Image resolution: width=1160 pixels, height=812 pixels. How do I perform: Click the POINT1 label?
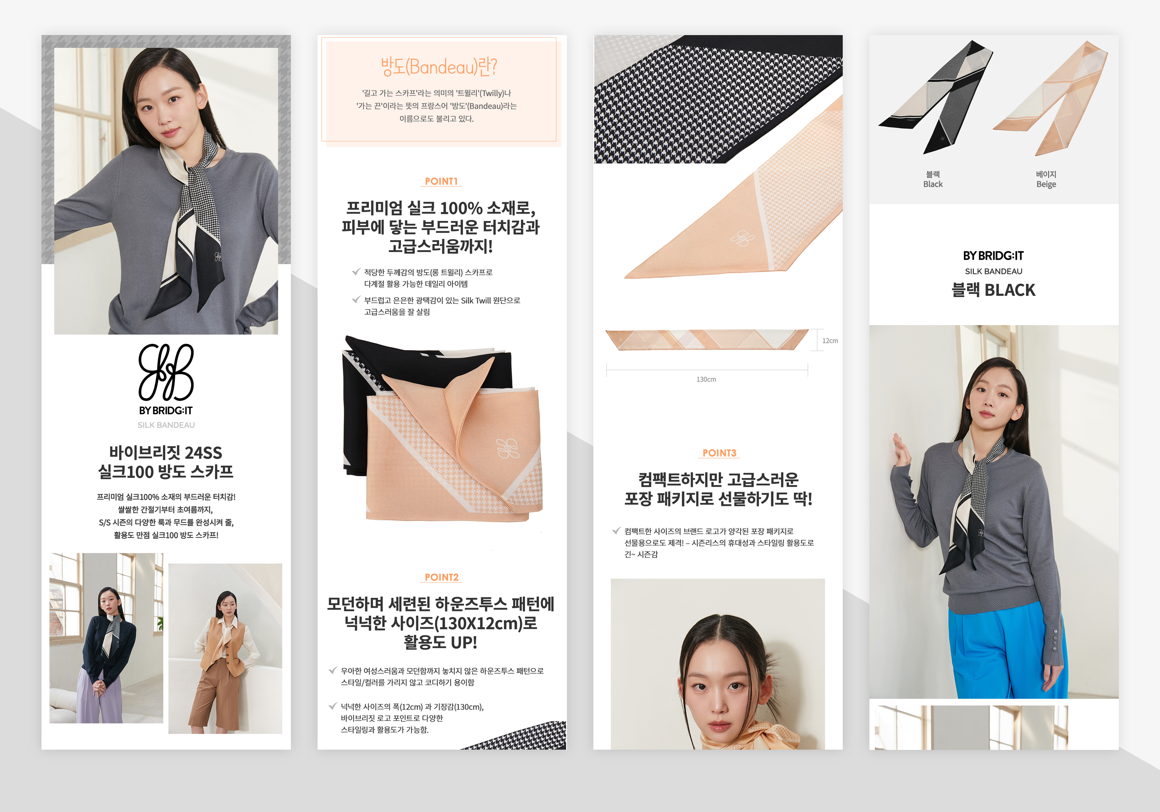pyautogui.click(x=441, y=181)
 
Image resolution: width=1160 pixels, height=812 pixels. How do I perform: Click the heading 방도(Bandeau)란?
pyautogui.click(x=439, y=66)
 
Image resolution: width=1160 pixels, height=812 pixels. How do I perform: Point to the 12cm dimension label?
pyautogui.click(x=830, y=340)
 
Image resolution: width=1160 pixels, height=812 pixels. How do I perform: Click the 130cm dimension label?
pyautogui.click(x=706, y=379)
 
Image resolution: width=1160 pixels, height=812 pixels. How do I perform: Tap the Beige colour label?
pyautogui.click(x=1046, y=184)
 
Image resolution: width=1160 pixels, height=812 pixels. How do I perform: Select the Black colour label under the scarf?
pyautogui.click(x=933, y=184)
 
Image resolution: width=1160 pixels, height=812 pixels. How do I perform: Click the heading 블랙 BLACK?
pyautogui.click(x=993, y=290)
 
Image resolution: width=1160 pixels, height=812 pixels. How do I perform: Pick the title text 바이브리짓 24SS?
pyautogui.click(x=166, y=452)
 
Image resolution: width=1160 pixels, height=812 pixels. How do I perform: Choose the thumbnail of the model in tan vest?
pyautogui.click(x=225, y=648)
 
